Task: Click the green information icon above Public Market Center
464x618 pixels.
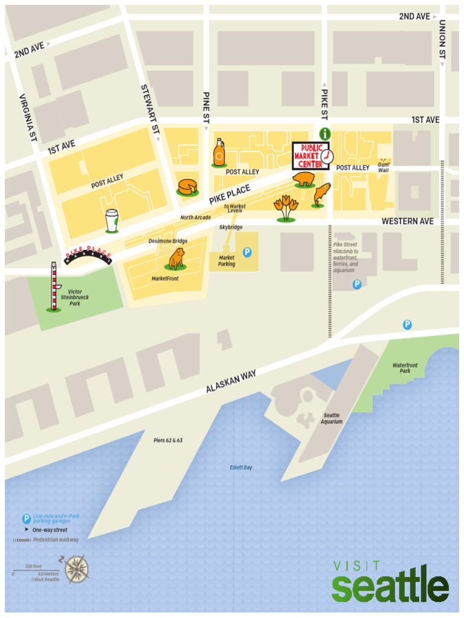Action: pyautogui.click(x=325, y=133)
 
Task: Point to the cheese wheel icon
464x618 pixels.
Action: pyautogui.click(x=187, y=187)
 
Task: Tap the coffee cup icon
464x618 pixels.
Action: pyautogui.click(x=112, y=220)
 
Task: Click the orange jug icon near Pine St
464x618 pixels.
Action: pyautogui.click(x=219, y=153)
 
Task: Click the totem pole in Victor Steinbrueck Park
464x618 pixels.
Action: pyautogui.click(x=54, y=287)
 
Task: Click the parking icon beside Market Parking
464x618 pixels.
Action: pyautogui.click(x=246, y=252)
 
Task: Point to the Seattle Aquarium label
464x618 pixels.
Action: pyautogui.click(x=332, y=419)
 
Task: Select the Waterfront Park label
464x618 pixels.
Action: pyautogui.click(x=405, y=368)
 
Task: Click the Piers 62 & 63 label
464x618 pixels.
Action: pyautogui.click(x=168, y=441)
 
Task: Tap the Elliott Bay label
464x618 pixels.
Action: pyautogui.click(x=241, y=468)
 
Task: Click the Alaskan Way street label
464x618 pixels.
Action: pyautogui.click(x=231, y=382)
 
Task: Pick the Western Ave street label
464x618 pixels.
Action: pyautogui.click(x=407, y=221)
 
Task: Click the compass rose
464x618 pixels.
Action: pyautogui.click(x=77, y=568)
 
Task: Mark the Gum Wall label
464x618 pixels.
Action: pyautogui.click(x=384, y=167)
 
